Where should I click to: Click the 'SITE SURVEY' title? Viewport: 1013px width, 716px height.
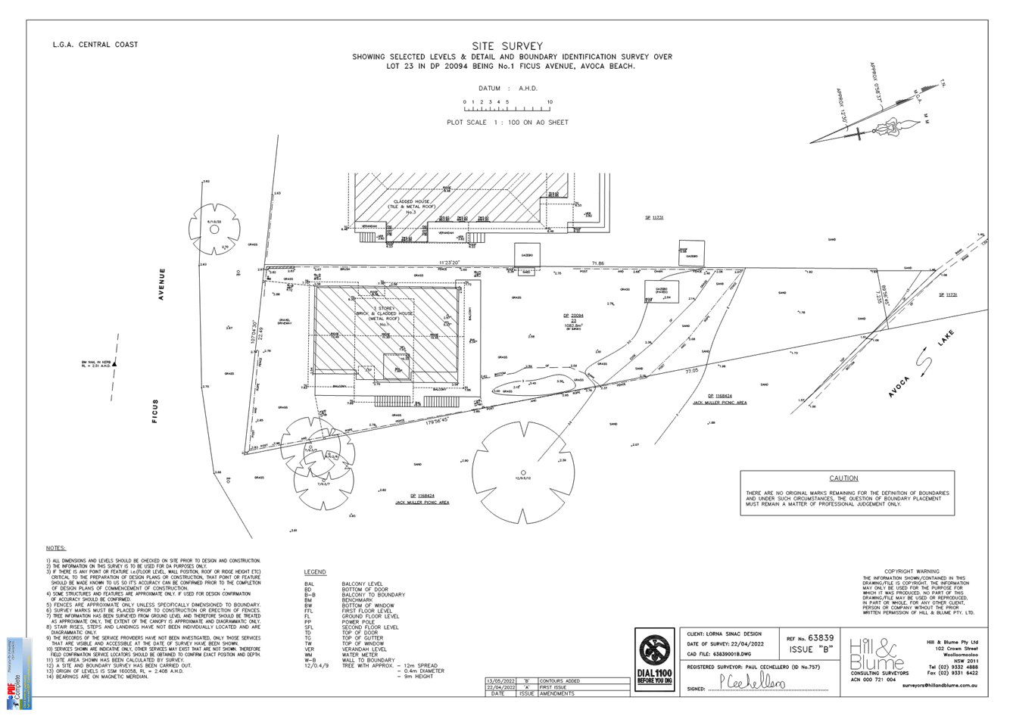tap(506, 46)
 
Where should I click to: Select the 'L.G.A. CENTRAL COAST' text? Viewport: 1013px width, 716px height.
tap(95, 45)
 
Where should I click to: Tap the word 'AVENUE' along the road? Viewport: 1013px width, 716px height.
tap(161, 285)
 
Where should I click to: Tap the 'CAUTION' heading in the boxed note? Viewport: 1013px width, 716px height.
tap(843, 478)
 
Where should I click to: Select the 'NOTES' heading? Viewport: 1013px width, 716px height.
tap(56, 547)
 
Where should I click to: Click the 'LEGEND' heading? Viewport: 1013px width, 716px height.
tap(315, 571)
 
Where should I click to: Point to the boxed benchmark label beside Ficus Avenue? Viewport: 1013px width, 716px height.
tap(97, 364)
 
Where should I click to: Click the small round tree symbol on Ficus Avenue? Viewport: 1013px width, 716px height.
tap(214, 226)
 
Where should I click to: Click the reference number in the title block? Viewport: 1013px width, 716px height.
tap(820, 638)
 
